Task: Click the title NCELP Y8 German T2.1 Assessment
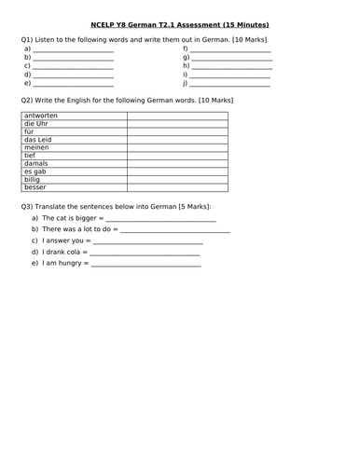click(x=181, y=24)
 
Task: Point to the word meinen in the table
click(x=37, y=147)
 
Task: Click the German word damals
click(x=38, y=164)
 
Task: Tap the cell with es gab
click(x=35, y=171)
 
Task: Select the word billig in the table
click(x=35, y=180)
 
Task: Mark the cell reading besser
click(x=36, y=187)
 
